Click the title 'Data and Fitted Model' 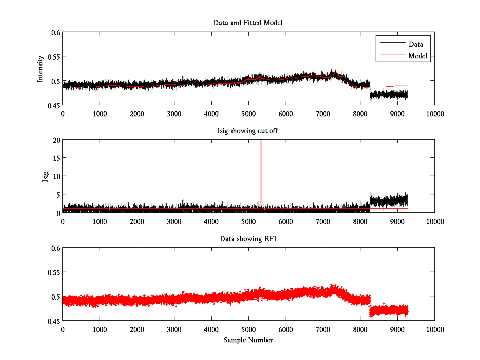(248, 23)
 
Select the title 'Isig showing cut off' (248, 131)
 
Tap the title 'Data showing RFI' (248, 239)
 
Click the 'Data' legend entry (416, 44)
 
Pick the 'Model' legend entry (418, 56)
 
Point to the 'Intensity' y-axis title (40, 69)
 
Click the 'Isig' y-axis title (46, 176)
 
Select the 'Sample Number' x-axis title (248, 340)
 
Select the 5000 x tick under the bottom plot (248, 329)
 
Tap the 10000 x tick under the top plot (434, 114)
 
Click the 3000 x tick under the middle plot (174, 221)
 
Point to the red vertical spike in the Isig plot (261, 172)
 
